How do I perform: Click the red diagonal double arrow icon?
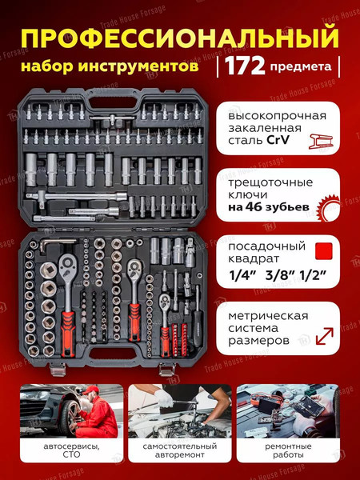[x=326, y=336]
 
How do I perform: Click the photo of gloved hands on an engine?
[x=179, y=410]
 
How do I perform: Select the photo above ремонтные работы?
[x=287, y=410]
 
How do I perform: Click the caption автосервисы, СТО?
[x=71, y=454]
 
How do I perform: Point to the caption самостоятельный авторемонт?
[x=179, y=454]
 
